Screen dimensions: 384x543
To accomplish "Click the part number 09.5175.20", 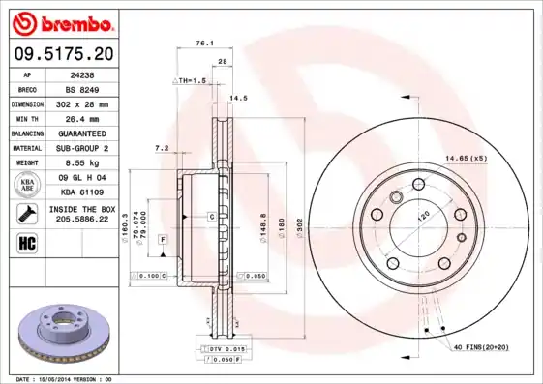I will click(60, 54).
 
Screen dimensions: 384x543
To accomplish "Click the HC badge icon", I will click(27, 241).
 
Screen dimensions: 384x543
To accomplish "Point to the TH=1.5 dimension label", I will click(191, 81).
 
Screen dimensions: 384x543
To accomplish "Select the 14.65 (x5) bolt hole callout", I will click(465, 157).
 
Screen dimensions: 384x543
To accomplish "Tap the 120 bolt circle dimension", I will click(423, 218).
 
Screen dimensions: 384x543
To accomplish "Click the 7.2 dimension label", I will click(161, 148).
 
